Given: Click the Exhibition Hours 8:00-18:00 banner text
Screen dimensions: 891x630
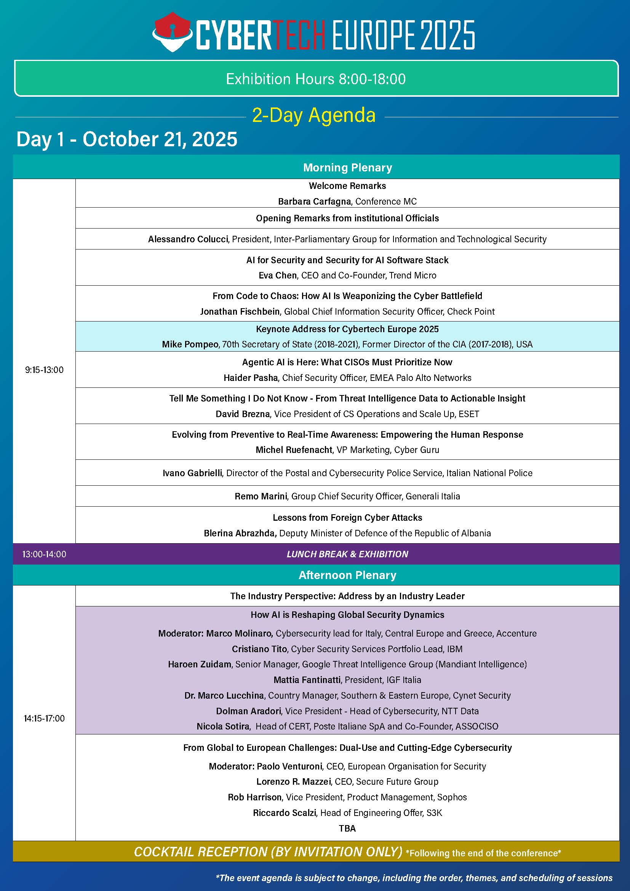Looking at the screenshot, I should coord(316,79).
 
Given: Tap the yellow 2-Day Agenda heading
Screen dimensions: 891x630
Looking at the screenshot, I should coord(313,115).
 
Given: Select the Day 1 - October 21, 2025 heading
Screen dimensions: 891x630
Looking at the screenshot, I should coord(127,139).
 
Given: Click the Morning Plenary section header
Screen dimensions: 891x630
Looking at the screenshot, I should coord(347,167).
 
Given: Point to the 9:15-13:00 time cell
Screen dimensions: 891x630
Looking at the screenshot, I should coord(44,370).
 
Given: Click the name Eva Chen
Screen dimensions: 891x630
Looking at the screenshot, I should coord(277,275).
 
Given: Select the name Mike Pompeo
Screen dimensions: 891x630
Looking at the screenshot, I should coord(190,344).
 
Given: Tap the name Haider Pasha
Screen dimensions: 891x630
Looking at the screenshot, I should coord(251,378).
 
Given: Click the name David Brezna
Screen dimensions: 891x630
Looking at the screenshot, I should coord(243,414).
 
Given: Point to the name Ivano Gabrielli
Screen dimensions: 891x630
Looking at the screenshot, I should coord(192,473).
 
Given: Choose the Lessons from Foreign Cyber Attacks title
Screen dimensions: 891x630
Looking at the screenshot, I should coord(347,517).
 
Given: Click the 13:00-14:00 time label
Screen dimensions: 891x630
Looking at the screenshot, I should coord(44,554).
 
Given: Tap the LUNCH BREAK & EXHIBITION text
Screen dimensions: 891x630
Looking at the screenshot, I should coord(347,554).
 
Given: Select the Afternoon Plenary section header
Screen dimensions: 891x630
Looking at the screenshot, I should coord(347,575).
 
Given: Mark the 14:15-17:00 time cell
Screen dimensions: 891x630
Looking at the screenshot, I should coord(44,718).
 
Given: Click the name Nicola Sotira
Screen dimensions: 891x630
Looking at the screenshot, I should coord(223,726).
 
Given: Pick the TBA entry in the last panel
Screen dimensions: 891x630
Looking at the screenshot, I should coord(347,828).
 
